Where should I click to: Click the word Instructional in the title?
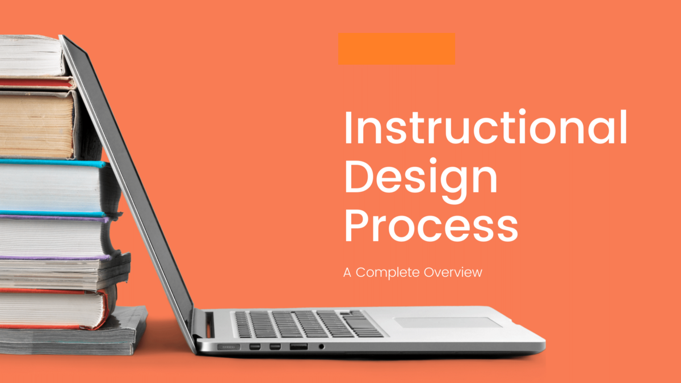click(486, 129)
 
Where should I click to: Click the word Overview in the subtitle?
click(453, 272)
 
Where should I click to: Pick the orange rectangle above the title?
click(396, 48)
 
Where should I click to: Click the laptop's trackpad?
click(448, 322)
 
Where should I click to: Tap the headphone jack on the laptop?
click(321, 346)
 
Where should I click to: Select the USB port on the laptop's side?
click(299, 346)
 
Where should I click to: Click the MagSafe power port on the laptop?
click(229, 346)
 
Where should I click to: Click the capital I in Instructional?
click(347, 129)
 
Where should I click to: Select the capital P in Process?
click(358, 226)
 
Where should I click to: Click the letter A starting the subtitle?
click(347, 272)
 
